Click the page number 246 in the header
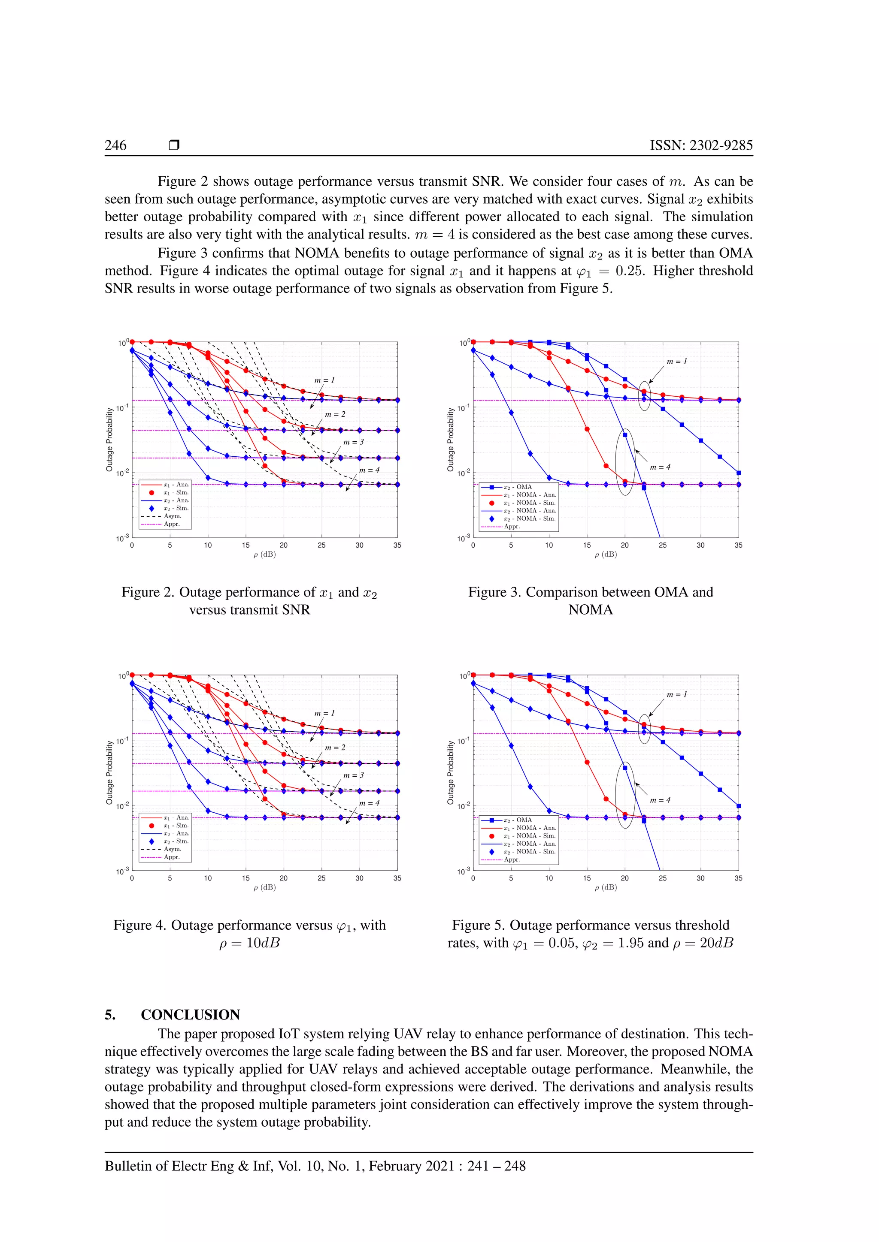115,145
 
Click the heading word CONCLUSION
191,1014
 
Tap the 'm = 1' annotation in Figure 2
325,380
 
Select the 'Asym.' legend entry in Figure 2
172,516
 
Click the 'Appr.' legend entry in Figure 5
512,859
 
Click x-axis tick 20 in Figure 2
284,545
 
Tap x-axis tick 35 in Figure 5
738,878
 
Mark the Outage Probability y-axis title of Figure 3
450,439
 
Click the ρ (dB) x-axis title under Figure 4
265,887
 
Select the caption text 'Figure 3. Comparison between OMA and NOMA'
591,600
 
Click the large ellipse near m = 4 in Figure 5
625,795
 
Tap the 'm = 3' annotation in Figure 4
353,775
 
